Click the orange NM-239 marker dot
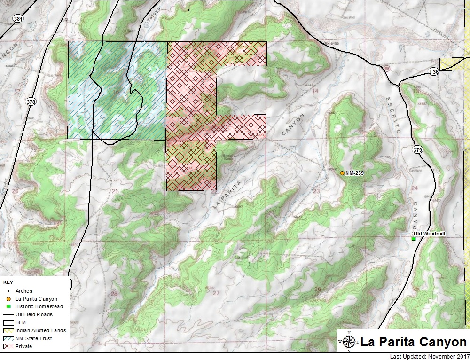click(x=342, y=173)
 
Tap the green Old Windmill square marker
click(x=414, y=239)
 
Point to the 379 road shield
click(x=417, y=150)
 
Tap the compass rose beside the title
click(x=348, y=342)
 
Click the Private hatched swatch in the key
click(x=8, y=346)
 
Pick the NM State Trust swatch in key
click(x=8, y=338)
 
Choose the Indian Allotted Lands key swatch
click(x=8, y=330)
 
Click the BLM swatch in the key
click(x=8, y=322)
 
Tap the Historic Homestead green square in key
click(x=8, y=306)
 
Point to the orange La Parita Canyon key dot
click(x=8, y=299)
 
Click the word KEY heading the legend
click(x=8, y=283)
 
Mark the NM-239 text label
click(x=356, y=173)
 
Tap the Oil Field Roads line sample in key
click(x=8, y=314)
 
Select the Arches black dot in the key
click(x=8, y=291)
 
